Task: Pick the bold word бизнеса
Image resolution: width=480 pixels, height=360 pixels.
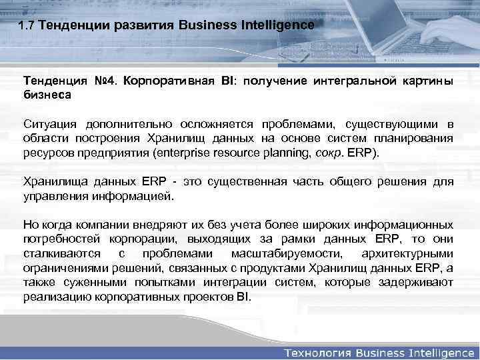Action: coord(47,95)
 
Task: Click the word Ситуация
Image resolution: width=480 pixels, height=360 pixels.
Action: coord(51,124)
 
